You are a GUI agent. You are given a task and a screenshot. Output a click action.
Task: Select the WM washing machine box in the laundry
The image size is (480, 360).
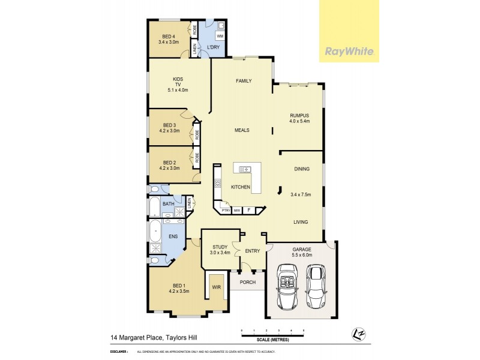point(220,37)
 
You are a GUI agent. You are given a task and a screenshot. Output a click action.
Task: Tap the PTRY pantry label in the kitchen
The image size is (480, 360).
point(226,210)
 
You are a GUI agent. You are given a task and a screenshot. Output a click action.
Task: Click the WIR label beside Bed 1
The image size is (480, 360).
point(216,287)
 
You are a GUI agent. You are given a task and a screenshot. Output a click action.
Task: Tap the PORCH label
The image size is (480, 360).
point(247,281)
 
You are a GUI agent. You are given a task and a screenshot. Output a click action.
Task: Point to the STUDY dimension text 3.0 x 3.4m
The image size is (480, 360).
point(215,253)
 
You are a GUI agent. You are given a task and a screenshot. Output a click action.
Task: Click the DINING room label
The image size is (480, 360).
point(302,170)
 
